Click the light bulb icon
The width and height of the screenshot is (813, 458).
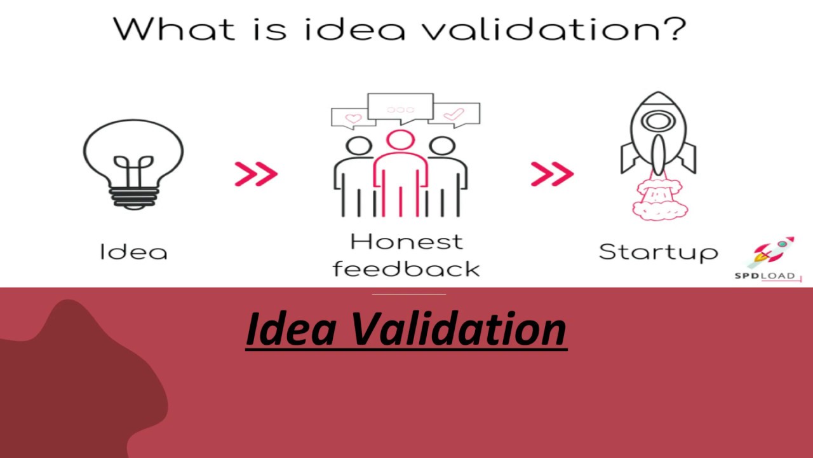133,162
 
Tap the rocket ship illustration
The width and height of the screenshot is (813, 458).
658,137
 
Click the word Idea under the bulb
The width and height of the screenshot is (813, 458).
134,252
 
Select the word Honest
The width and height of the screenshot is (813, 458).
406,242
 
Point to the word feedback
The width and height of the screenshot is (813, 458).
406,268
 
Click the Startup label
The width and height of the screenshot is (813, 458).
658,253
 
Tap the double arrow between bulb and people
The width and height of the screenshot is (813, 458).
256,174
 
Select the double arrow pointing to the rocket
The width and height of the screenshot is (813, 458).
552,174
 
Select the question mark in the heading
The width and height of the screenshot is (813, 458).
672,29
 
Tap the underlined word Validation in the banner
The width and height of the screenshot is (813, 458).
457,330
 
